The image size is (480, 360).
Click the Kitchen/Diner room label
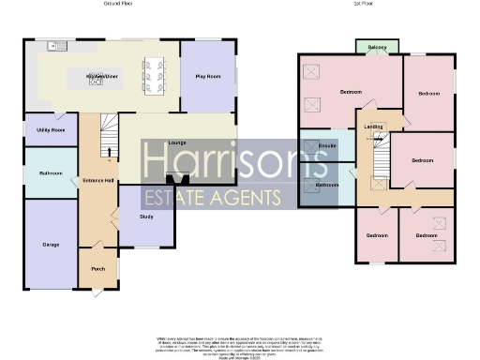click(100, 74)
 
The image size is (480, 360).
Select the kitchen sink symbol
click(54, 45)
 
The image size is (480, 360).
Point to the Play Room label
click(207, 76)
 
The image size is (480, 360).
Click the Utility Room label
click(51, 129)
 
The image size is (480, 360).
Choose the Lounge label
click(176, 142)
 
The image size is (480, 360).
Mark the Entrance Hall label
click(97, 179)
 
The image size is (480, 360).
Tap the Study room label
click(146, 217)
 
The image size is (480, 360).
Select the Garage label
click(51, 245)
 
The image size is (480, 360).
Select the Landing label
click(373, 126)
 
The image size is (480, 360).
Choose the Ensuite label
click(328, 146)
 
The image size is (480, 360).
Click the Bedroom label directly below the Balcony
click(351, 93)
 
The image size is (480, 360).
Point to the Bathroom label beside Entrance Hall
click(51, 173)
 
